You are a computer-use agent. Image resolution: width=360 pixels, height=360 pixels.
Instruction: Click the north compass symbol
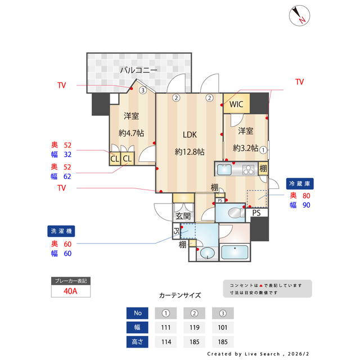pyautogui.click(x=299, y=15)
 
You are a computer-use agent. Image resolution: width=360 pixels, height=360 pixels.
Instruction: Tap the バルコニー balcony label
pyautogui.click(x=138, y=70)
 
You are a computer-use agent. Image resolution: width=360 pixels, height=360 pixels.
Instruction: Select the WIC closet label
pyautogui.click(x=236, y=104)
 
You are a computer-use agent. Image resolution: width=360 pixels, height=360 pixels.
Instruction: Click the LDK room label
pyautogui.click(x=189, y=134)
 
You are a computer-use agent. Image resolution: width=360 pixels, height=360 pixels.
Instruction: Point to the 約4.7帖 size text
pyautogui.click(x=131, y=133)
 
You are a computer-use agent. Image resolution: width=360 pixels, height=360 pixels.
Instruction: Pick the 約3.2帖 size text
pyautogui.click(x=245, y=148)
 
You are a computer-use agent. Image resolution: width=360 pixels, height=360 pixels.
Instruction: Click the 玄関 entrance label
pyautogui.click(x=183, y=215)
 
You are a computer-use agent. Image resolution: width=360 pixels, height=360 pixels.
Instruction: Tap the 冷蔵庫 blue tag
pyautogui.click(x=300, y=183)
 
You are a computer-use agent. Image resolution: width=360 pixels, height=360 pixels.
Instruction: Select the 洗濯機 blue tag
pyautogui.click(x=61, y=231)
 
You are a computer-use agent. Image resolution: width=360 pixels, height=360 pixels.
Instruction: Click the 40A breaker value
pyautogui.click(x=69, y=291)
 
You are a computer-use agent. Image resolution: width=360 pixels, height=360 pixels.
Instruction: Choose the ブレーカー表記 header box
pyautogui.click(x=69, y=280)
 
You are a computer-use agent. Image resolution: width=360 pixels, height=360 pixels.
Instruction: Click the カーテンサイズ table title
pyautogui.click(x=179, y=295)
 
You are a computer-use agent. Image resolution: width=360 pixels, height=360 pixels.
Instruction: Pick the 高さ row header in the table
pyautogui.click(x=138, y=341)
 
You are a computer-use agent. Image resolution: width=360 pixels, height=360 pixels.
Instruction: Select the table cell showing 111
pyautogui.click(x=165, y=327)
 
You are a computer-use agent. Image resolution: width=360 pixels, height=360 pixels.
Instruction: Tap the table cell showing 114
pyautogui.click(x=165, y=341)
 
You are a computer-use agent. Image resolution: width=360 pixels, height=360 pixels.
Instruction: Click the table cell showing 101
pyautogui.click(x=222, y=327)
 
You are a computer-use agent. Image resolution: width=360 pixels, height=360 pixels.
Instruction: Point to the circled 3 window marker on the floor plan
pyautogui.click(x=143, y=89)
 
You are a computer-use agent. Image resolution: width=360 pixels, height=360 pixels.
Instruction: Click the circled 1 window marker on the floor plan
pyautogui.click(x=263, y=149)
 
